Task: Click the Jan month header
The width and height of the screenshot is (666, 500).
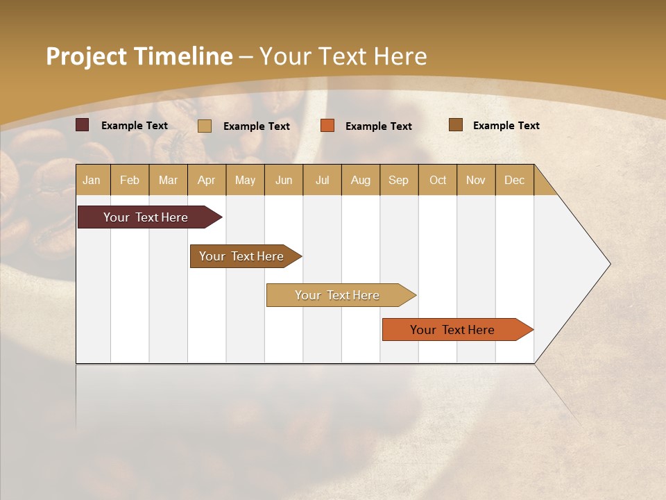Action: [92, 180]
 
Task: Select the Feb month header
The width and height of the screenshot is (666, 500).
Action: [130, 180]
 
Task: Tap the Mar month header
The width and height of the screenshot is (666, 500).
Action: [168, 180]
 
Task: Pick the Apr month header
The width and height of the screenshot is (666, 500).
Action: [207, 180]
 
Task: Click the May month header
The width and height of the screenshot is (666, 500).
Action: [245, 180]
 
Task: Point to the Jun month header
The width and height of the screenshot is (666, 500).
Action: [284, 180]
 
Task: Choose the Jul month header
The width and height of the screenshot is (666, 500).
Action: [322, 180]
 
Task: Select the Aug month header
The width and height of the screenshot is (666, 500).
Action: [361, 180]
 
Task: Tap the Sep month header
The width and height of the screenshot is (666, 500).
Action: [399, 180]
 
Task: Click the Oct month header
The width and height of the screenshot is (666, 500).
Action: [438, 180]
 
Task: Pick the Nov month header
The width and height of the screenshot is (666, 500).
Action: [476, 180]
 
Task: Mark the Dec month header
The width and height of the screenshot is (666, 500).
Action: [514, 180]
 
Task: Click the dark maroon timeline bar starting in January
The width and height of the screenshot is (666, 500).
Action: [146, 217]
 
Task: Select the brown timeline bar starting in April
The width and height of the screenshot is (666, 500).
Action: [242, 256]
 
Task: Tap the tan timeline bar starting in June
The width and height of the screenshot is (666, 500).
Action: [338, 295]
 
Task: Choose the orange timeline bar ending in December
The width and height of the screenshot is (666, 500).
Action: [453, 330]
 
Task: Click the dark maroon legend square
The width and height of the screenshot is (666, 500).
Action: [83, 125]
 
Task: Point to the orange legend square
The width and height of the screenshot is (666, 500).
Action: [327, 126]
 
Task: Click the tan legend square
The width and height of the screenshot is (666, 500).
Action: [205, 126]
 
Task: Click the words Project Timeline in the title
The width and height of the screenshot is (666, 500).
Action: [139, 56]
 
